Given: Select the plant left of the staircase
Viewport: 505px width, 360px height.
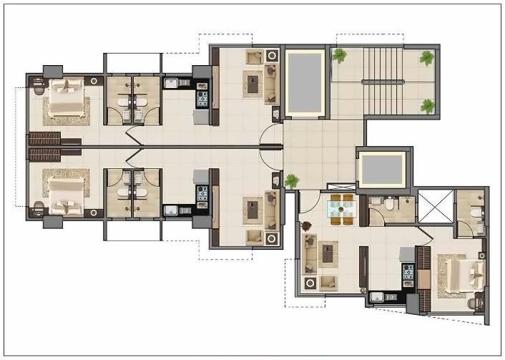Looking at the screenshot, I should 339,55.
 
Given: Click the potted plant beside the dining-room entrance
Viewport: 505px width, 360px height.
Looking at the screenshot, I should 291,180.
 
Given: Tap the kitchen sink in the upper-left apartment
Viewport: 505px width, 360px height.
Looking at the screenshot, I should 172,84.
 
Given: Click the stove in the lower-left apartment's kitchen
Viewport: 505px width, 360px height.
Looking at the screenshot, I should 202,193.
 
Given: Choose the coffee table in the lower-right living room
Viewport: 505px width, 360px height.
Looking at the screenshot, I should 328,252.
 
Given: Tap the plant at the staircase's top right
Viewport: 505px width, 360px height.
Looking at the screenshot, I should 426,58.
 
